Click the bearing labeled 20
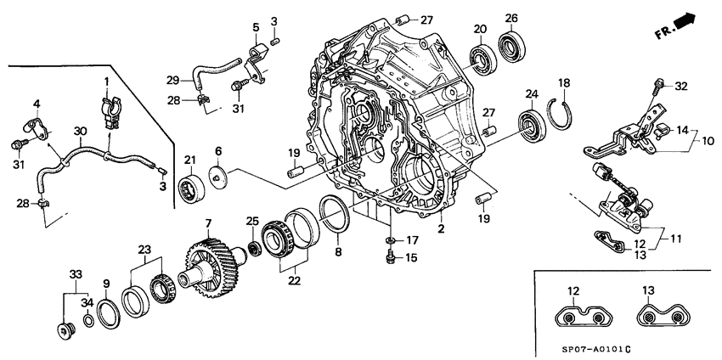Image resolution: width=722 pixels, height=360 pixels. [x=484, y=59]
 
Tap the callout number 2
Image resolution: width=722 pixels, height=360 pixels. [x=441, y=228]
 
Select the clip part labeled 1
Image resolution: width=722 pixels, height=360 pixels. [x=108, y=111]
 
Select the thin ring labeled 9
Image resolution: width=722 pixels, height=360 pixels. [x=108, y=313]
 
